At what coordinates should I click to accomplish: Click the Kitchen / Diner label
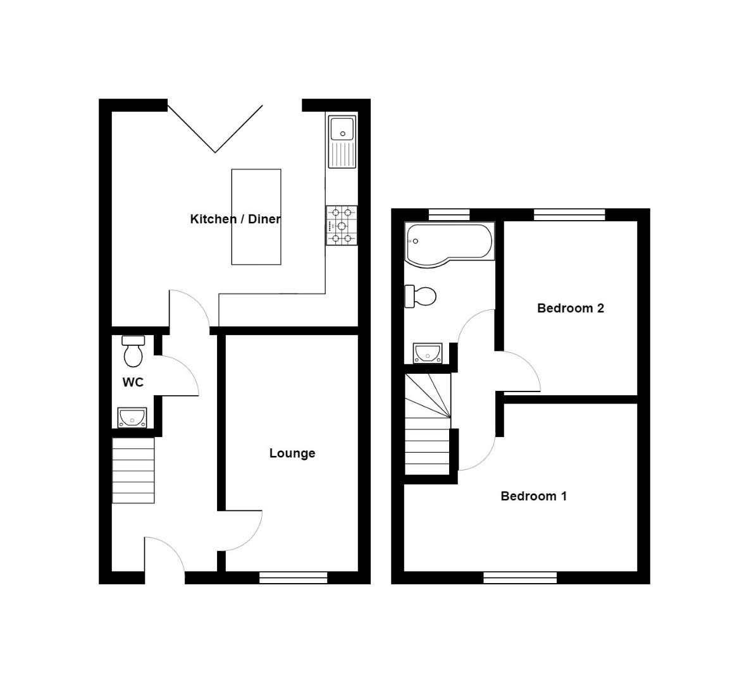[x=235, y=219]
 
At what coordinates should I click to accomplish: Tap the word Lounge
[x=292, y=453]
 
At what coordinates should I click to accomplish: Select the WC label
[x=133, y=382]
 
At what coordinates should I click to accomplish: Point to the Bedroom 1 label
[x=533, y=496]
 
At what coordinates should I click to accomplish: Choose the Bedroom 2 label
[x=570, y=308]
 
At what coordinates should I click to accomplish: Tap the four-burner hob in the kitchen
[x=342, y=225]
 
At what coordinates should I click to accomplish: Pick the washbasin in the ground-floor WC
[x=132, y=417]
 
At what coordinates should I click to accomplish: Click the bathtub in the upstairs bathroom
[x=450, y=243]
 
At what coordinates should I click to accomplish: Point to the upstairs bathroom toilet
[x=421, y=296]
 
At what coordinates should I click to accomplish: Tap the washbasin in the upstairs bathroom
[x=428, y=353]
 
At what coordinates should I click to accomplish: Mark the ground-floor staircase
[x=133, y=471]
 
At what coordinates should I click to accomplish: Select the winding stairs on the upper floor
[x=428, y=424]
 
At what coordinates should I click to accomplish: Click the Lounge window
[x=293, y=577]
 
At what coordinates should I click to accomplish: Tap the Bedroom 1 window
[x=520, y=577]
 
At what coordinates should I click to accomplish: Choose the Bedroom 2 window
[x=569, y=214]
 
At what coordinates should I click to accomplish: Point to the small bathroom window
[x=449, y=214]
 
